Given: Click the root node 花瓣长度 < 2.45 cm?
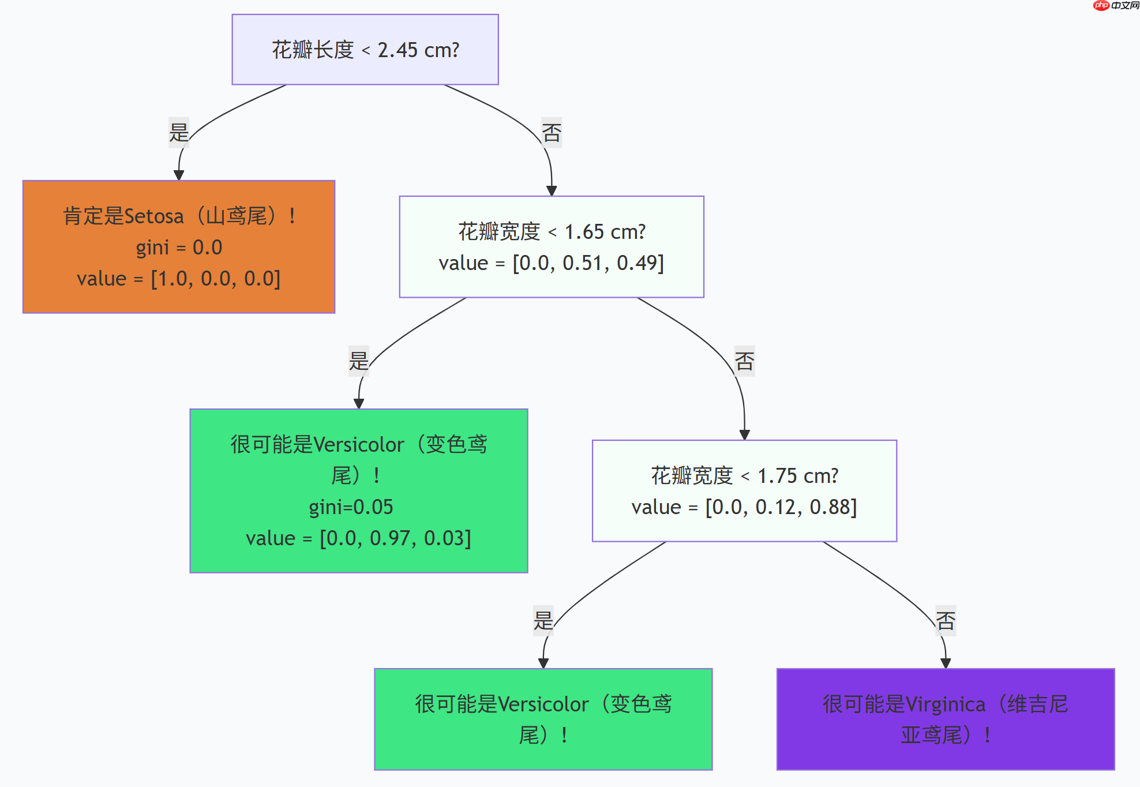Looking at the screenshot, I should [365, 50].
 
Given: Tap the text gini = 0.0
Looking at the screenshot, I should [179, 248].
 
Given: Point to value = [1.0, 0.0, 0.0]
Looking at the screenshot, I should [179, 279].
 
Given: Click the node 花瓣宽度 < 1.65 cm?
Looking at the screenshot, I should [552, 232].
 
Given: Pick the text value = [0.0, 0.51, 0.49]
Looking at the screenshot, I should [552, 263].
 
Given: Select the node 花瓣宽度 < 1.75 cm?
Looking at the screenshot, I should [744, 476].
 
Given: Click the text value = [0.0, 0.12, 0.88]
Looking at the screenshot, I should [744, 507].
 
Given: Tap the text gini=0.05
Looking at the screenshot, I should [351, 507].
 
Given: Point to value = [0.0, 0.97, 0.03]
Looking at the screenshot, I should [358, 538].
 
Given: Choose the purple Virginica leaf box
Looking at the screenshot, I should [945, 719].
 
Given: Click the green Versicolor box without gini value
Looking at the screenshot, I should [543, 719].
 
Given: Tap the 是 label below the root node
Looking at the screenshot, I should [179, 133].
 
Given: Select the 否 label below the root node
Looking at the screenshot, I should [552, 133].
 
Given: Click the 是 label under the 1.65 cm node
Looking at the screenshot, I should [358, 361].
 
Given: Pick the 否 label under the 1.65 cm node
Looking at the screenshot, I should [744, 361].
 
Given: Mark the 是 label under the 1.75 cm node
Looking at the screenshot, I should [543, 621].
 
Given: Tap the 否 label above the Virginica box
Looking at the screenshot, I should [945, 621].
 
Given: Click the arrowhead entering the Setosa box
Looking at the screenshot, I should [179, 175].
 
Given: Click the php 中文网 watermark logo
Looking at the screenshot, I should [1116, 6].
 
